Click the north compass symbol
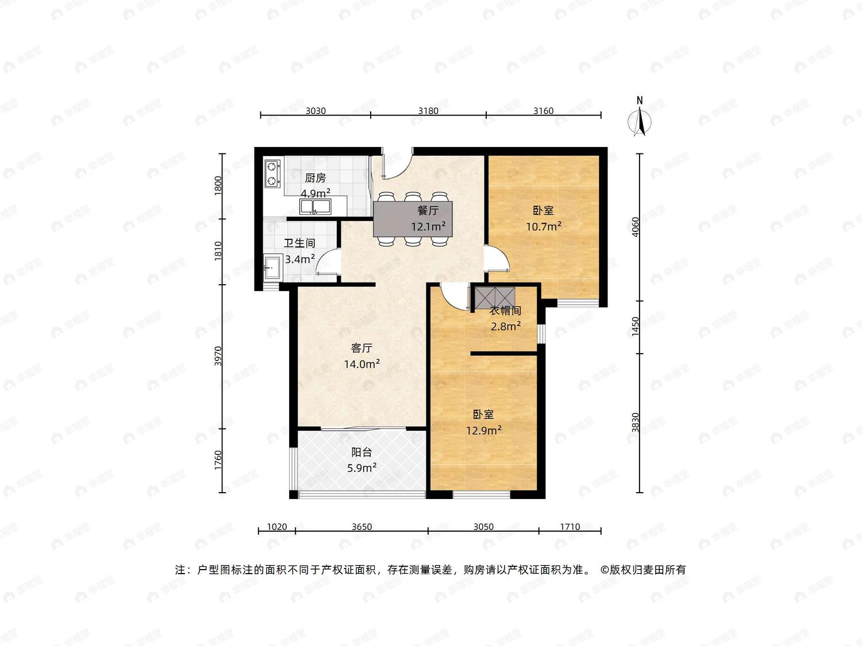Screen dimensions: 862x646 [640, 117]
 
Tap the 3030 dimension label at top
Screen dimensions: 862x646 [315, 111]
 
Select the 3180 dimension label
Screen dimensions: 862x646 [428, 111]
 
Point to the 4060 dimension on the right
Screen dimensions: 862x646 [635, 227]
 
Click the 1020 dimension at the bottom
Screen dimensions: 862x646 [277, 527]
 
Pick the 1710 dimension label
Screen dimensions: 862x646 [570, 527]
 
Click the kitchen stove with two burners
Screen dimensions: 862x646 [272, 173]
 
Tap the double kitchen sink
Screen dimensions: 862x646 [315, 207]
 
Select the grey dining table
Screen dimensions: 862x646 [413, 219]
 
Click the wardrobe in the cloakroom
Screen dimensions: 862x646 [495, 296]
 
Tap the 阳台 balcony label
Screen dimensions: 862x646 [361, 452]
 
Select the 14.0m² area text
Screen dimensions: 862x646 [361, 364]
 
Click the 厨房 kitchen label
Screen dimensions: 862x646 [315, 178]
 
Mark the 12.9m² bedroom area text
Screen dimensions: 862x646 [483, 431]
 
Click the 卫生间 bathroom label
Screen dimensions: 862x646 [299, 243]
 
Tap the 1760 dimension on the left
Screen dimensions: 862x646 [218, 461]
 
